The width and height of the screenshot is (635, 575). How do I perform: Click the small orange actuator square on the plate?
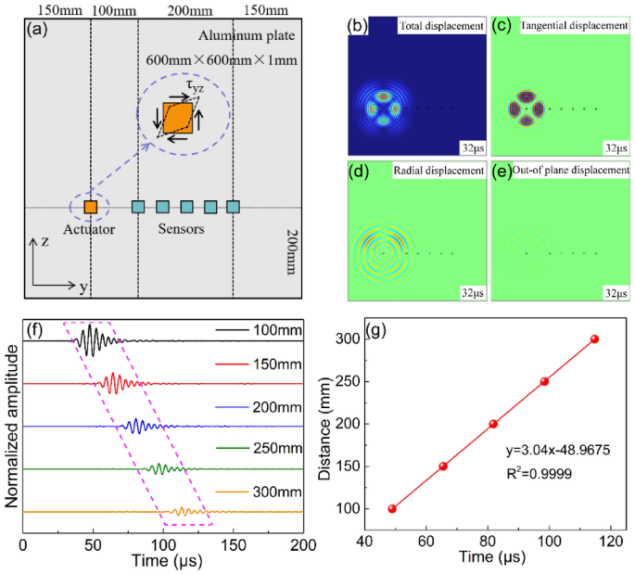[91, 207]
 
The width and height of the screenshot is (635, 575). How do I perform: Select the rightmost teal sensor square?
[234, 207]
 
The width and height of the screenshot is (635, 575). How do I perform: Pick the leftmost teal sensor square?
[138, 207]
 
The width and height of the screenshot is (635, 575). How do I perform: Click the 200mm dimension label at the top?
[184, 9]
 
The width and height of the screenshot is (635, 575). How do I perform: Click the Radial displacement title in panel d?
[438, 171]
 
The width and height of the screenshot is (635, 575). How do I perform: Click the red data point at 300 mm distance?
[594, 339]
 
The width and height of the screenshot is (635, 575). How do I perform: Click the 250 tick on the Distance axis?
[358, 381]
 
